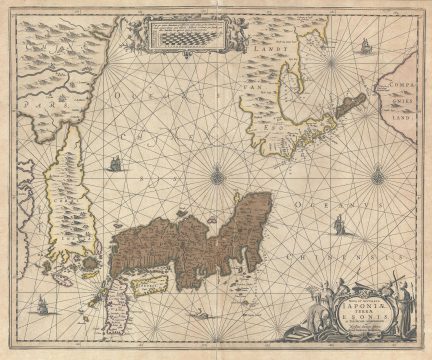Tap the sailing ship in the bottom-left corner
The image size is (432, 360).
[x=41, y=305]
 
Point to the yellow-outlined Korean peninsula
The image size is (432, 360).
[x=64, y=200]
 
